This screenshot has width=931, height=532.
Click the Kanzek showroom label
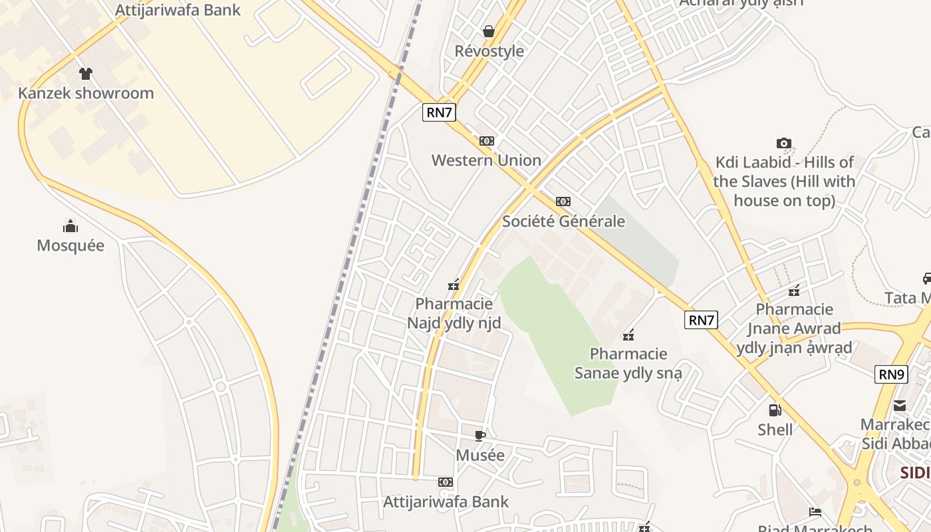click(x=86, y=93)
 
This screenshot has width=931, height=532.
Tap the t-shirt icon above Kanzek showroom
click(x=85, y=73)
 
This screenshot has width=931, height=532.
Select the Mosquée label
click(x=70, y=245)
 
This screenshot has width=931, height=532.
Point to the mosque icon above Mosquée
click(x=70, y=226)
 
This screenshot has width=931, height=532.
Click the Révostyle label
click(x=489, y=51)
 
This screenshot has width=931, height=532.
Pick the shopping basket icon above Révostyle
click(x=489, y=31)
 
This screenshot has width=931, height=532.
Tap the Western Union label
click(x=486, y=160)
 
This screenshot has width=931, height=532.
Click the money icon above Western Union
click(x=487, y=141)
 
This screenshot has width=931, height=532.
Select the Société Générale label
click(x=563, y=221)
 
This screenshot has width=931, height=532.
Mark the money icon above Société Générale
click(x=563, y=201)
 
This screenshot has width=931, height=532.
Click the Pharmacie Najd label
click(x=454, y=313)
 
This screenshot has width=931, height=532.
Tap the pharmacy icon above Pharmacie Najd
click(x=454, y=285)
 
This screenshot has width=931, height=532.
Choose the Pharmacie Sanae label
click(x=628, y=363)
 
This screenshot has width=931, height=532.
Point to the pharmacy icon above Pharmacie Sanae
click(x=628, y=334)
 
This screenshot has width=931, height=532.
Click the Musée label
click(x=480, y=456)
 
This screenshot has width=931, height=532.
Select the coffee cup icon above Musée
click(x=480, y=436)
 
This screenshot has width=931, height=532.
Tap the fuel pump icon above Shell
click(x=775, y=410)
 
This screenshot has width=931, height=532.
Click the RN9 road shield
click(x=891, y=374)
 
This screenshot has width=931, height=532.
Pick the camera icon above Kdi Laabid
click(x=784, y=143)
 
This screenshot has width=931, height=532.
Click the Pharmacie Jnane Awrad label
click(x=794, y=328)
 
